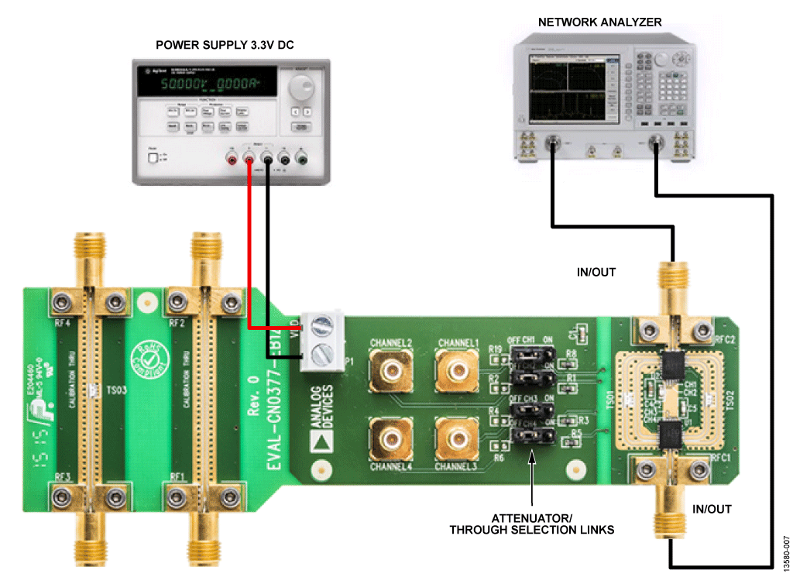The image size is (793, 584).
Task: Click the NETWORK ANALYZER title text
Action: click(x=600, y=22)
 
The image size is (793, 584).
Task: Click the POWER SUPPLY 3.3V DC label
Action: click(x=225, y=45)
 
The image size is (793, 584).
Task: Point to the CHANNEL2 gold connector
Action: click(x=390, y=371)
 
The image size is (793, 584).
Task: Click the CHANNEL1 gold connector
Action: click(x=456, y=371)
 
